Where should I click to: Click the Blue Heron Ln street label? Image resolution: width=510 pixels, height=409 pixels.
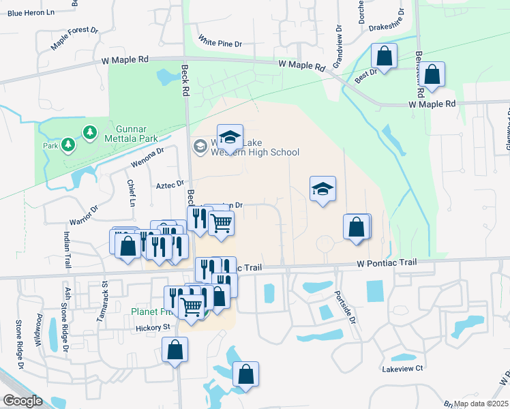(x=31, y=13)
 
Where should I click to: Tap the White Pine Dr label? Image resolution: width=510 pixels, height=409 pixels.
(x=220, y=44)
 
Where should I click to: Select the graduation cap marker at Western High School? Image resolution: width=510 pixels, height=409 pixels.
(x=230, y=137)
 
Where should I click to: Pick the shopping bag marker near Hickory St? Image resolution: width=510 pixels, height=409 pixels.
(x=175, y=350)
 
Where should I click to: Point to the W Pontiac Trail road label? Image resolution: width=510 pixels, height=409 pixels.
(x=387, y=263)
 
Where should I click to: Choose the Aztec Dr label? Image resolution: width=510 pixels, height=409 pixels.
(x=170, y=184)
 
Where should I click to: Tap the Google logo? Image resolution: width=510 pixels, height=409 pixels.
(x=23, y=401)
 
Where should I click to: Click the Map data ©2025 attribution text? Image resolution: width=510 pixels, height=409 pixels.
(x=480, y=404)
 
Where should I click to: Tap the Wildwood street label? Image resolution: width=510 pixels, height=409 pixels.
(x=39, y=328)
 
